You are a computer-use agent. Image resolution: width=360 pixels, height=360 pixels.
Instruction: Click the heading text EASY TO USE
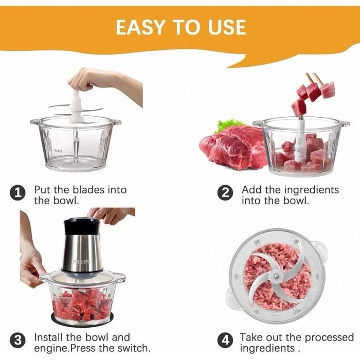181,27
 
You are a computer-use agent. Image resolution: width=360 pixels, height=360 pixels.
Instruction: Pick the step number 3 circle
18,340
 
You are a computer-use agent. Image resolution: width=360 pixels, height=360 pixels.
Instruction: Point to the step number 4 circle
225,340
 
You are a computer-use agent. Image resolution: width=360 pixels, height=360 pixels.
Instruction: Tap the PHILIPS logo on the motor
82,262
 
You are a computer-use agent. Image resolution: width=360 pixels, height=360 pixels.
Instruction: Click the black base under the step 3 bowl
82,320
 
